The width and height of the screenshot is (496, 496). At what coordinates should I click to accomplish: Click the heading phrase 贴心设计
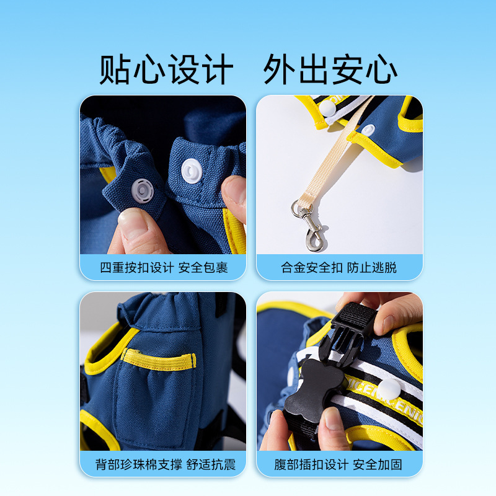(166, 69)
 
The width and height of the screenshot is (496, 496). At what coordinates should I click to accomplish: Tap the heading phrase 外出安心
(330, 69)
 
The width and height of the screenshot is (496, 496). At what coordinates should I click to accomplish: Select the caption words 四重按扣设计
(137, 268)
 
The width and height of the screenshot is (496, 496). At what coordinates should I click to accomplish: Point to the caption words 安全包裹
(203, 268)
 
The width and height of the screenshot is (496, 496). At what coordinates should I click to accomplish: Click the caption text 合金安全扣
(312, 268)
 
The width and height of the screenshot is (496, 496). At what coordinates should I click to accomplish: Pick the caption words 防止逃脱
(371, 268)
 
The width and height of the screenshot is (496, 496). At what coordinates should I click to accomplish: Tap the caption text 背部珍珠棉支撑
(138, 464)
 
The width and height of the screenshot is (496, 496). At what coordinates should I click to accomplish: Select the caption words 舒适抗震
(211, 464)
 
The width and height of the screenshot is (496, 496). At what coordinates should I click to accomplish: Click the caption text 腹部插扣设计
(311, 464)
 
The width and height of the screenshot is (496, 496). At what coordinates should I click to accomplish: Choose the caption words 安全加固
(378, 464)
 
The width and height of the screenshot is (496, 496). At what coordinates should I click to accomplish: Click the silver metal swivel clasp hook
(311, 229)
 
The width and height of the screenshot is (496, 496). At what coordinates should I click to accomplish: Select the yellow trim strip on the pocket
(159, 360)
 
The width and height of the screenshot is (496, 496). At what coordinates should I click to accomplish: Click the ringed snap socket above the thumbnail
(143, 190)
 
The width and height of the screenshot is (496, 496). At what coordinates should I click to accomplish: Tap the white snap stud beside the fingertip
(192, 171)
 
